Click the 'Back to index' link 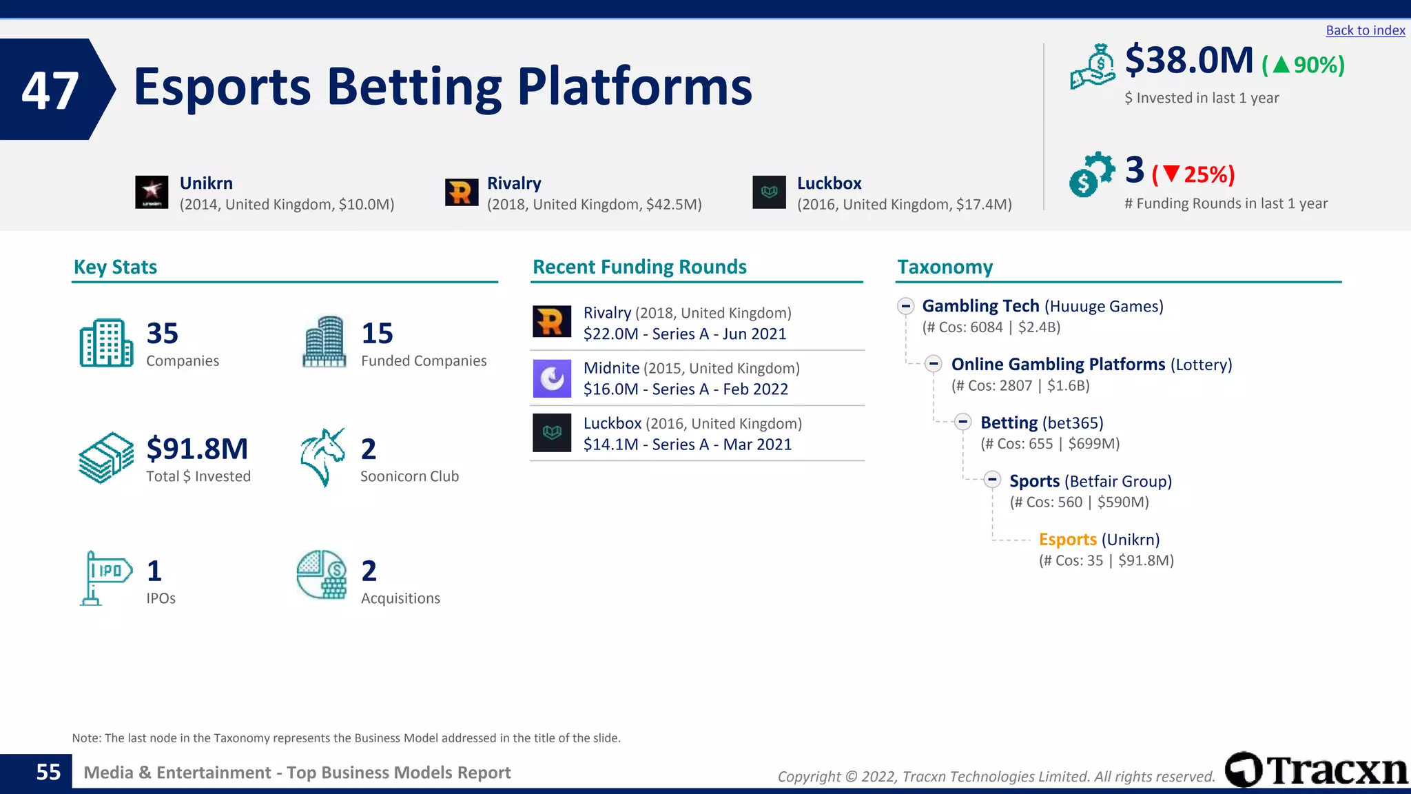(1365, 30)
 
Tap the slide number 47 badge (51, 90)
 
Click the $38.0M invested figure (1189, 61)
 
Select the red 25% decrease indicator (1193, 174)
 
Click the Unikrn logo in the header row (152, 192)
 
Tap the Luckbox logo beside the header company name (769, 192)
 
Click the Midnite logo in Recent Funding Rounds (552, 378)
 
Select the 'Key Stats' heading (115, 267)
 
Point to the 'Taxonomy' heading (945, 267)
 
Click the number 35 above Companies (163, 334)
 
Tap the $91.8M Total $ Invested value (197, 449)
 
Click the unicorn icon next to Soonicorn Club (322, 457)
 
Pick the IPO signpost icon (105, 578)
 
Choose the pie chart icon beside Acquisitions (322, 574)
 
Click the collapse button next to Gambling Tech (905, 306)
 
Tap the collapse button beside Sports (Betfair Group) (992, 480)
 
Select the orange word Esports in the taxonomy (1067, 539)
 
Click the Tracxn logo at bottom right (1316, 769)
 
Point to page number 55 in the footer (48, 772)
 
